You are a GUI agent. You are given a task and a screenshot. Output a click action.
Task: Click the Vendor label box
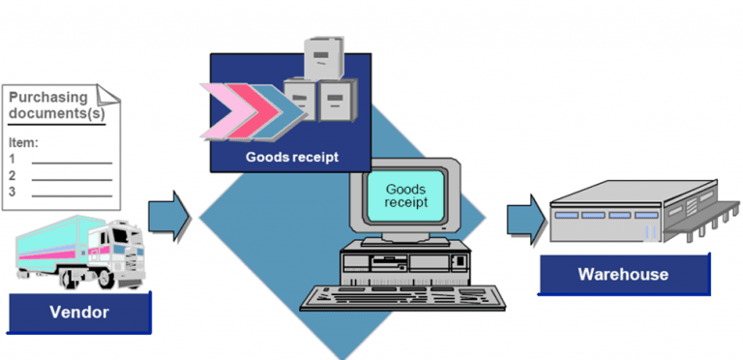pos(79,312)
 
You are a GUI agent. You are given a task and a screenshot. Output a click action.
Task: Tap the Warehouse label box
pos(622,274)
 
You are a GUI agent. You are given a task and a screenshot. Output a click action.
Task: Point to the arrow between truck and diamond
pos(168,216)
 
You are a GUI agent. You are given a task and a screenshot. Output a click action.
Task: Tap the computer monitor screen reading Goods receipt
pos(405,191)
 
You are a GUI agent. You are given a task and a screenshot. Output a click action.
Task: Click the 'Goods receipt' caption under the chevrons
pos(291,158)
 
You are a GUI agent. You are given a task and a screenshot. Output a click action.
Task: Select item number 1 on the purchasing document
pos(13,159)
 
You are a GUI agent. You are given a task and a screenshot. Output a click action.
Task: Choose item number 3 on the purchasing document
pos(13,192)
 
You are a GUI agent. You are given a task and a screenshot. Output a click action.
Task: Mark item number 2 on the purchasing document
pos(13,175)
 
